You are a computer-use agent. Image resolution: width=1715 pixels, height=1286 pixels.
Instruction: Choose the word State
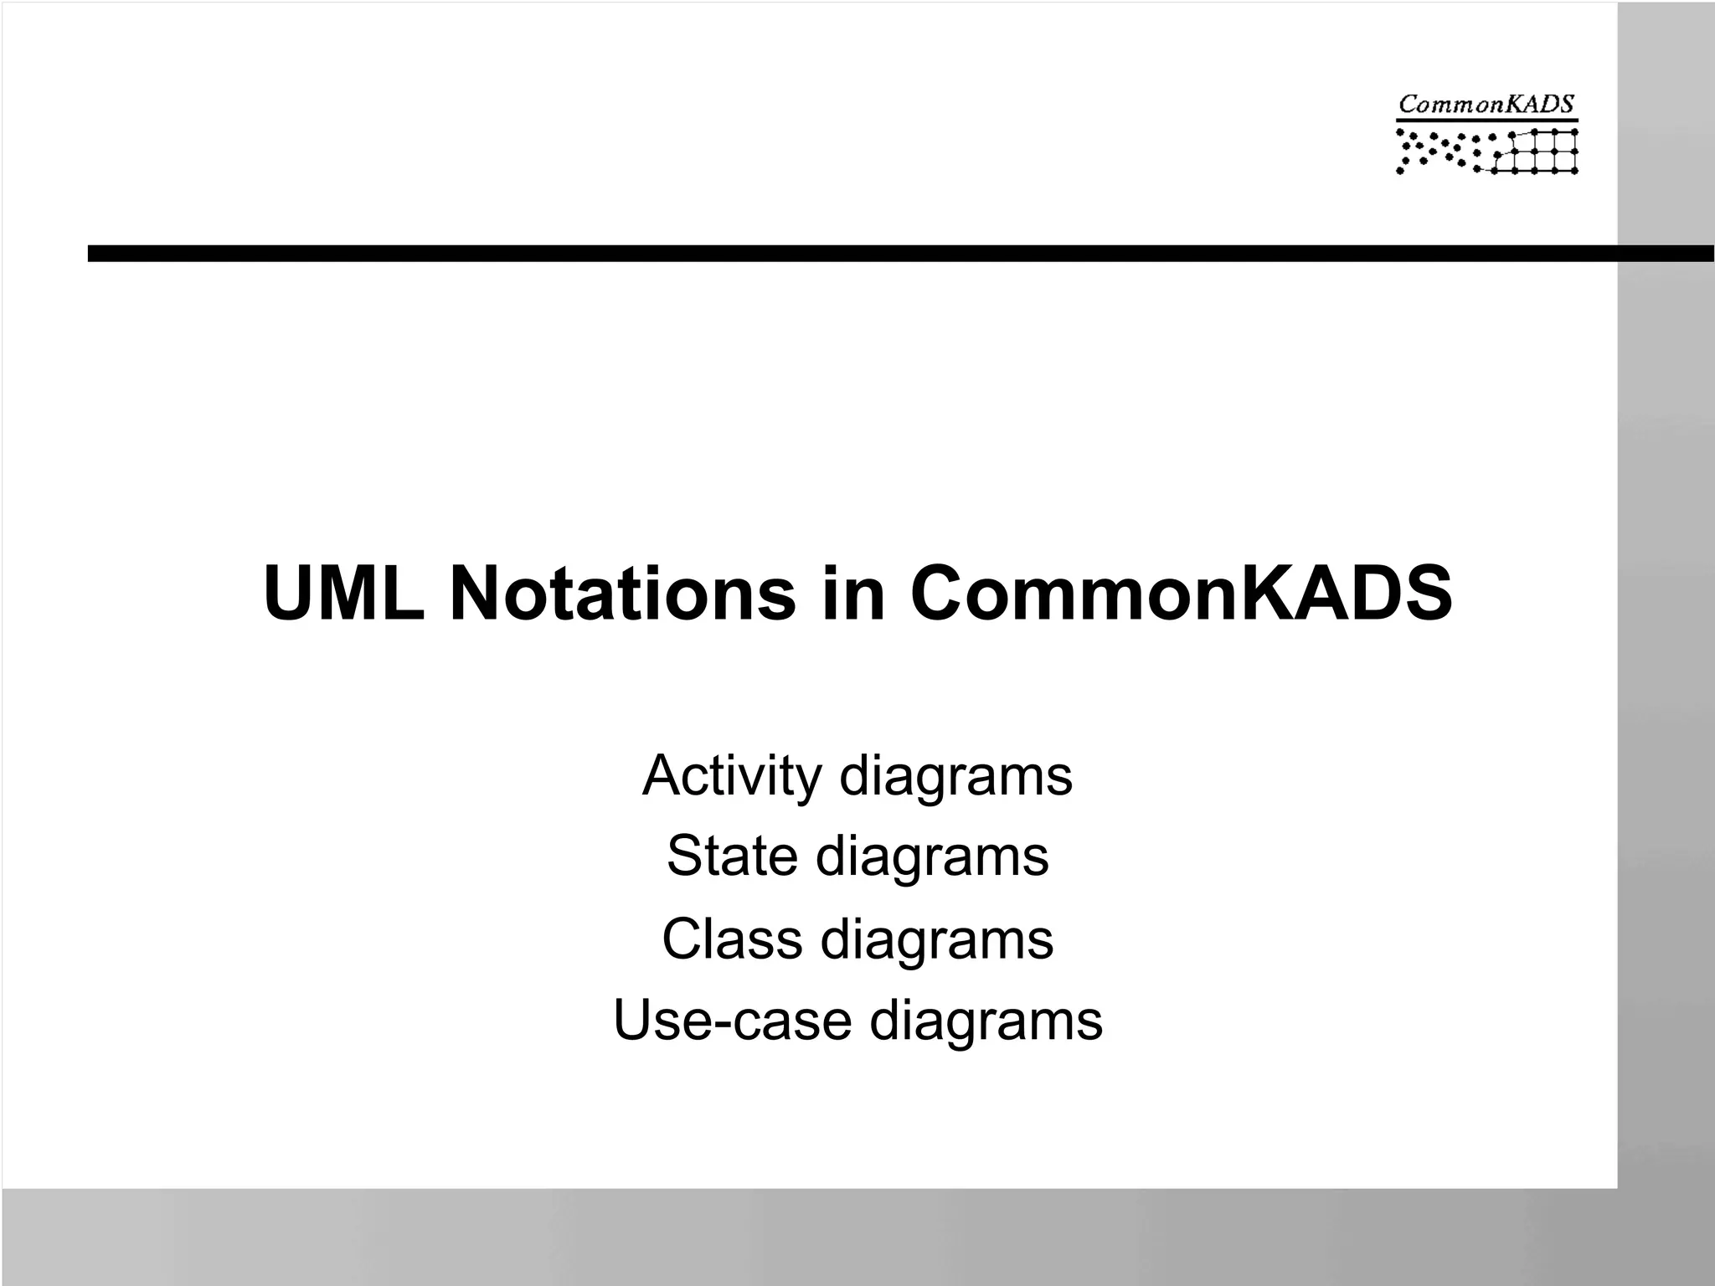pos(732,856)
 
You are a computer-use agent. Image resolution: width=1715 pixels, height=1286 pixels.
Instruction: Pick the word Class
pos(732,939)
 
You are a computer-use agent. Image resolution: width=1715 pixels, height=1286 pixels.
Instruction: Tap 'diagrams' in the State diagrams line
pos(932,858)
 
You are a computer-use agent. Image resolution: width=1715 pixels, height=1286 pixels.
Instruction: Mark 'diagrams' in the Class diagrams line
pos(937,940)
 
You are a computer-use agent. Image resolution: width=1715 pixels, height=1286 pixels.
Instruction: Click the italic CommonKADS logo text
pos(1486,105)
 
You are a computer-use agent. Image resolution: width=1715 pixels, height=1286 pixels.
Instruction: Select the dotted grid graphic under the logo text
pos(1486,152)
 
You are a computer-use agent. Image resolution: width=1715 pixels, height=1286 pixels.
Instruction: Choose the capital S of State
pos(685,856)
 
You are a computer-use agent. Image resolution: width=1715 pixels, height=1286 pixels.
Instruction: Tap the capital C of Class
pos(682,939)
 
